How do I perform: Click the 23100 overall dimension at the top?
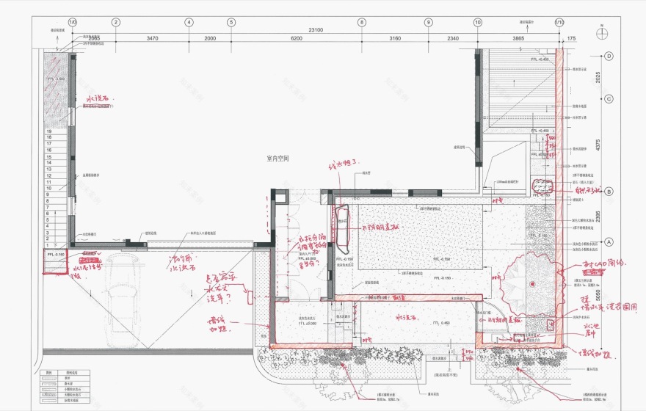[x=316, y=30]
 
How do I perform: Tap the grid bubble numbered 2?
[x=116, y=22]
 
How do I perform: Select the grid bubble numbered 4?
[x=189, y=22]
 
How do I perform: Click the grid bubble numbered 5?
[x=231, y=22]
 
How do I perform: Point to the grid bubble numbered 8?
[x=362, y=22]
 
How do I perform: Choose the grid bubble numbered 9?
[x=428, y=22]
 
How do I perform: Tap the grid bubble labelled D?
[x=609, y=56]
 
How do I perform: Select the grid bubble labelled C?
[x=609, y=99]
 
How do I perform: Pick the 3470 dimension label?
[x=153, y=38]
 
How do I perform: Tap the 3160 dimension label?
[x=395, y=38]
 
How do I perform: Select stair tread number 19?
[x=49, y=131]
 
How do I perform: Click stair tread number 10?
[x=49, y=188]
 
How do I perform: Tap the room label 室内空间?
[x=278, y=159]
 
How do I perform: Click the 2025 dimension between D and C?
[x=599, y=78]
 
